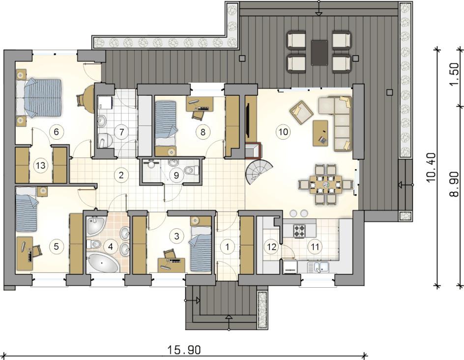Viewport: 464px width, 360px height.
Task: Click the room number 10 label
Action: pos(283,131)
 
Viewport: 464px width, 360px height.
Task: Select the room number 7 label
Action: pos(121,132)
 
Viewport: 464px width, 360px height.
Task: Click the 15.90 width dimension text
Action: pos(184,350)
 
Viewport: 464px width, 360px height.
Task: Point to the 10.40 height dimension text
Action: pos(433,168)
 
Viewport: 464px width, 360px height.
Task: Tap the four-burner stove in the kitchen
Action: pos(299,231)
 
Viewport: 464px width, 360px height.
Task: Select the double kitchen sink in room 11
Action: pos(319,267)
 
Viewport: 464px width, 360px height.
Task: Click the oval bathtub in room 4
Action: pos(102,263)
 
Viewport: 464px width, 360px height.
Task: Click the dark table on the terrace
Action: pos(319,53)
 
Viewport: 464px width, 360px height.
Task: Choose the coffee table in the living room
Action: pos(320,133)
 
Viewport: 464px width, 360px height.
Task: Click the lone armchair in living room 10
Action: pos(301,112)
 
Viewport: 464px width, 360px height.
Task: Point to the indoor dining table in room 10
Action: pos(325,184)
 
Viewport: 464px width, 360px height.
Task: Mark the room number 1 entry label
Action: pos(227,246)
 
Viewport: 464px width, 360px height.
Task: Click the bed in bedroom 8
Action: pos(166,124)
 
